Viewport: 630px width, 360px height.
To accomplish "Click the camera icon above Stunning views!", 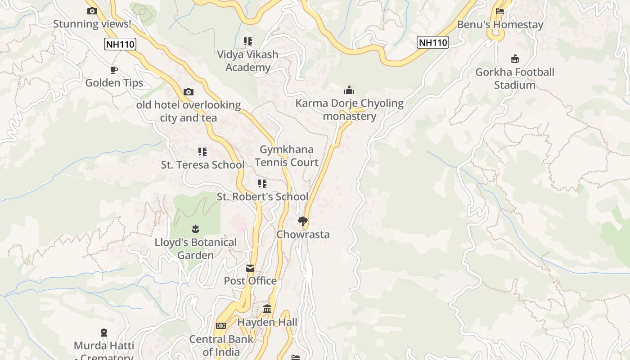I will click(x=92, y=11).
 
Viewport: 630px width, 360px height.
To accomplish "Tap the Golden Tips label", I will click(x=114, y=83).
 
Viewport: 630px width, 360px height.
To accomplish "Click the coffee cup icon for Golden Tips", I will click(x=114, y=70).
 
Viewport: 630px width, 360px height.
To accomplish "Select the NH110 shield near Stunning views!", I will click(x=120, y=44).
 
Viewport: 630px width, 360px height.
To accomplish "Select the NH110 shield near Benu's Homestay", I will click(x=433, y=43).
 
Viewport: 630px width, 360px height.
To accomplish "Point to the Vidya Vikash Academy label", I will click(x=247, y=61).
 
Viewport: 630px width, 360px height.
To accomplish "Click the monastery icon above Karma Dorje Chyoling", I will click(x=349, y=90).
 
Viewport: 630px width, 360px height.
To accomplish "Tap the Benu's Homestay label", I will click(x=500, y=25).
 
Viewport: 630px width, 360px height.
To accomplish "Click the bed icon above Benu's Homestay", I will click(x=500, y=11).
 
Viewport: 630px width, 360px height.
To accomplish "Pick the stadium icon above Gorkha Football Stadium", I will click(x=515, y=59).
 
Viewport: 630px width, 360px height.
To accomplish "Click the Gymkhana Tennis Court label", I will click(x=287, y=156).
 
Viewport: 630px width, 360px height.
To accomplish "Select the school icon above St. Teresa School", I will click(x=202, y=152).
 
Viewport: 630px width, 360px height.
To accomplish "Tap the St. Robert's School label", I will click(x=262, y=197).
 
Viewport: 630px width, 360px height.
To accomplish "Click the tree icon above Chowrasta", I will click(x=303, y=221).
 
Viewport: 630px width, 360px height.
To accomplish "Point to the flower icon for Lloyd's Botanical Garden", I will click(x=195, y=229).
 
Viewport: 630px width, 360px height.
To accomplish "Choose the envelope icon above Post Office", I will click(x=250, y=268).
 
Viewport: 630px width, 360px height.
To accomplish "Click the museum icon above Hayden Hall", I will click(x=267, y=309).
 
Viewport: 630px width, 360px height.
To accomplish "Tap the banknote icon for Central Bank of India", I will click(x=221, y=326).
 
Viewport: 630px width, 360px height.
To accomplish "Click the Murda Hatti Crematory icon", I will click(x=104, y=333).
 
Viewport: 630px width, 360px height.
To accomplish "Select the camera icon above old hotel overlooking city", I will click(x=189, y=92).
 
